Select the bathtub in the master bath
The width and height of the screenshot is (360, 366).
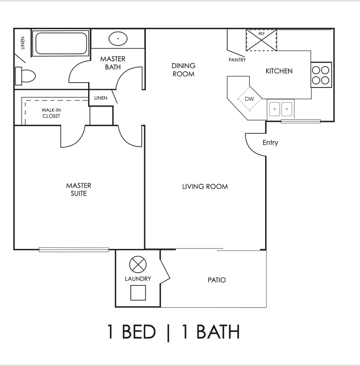coord(61,43)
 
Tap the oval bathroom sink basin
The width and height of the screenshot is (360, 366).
coord(118,39)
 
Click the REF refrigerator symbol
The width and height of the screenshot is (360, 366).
coord(261,40)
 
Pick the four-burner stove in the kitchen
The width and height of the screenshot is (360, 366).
coord(321,75)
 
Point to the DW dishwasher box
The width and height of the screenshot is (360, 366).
coord(249,99)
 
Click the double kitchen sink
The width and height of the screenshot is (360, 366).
coord(281,109)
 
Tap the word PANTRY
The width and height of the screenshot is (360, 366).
coord(237,60)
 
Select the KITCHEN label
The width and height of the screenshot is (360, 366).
coord(279,71)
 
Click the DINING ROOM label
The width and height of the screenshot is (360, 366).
coord(183,70)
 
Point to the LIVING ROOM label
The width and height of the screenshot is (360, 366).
coord(205,186)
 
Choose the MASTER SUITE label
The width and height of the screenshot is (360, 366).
coord(79,189)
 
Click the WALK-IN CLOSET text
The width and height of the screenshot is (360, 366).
coord(51,113)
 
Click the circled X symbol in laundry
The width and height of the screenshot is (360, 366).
coord(135,263)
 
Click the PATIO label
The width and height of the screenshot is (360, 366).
coord(216,280)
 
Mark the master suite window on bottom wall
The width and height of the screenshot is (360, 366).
coord(74,250)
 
